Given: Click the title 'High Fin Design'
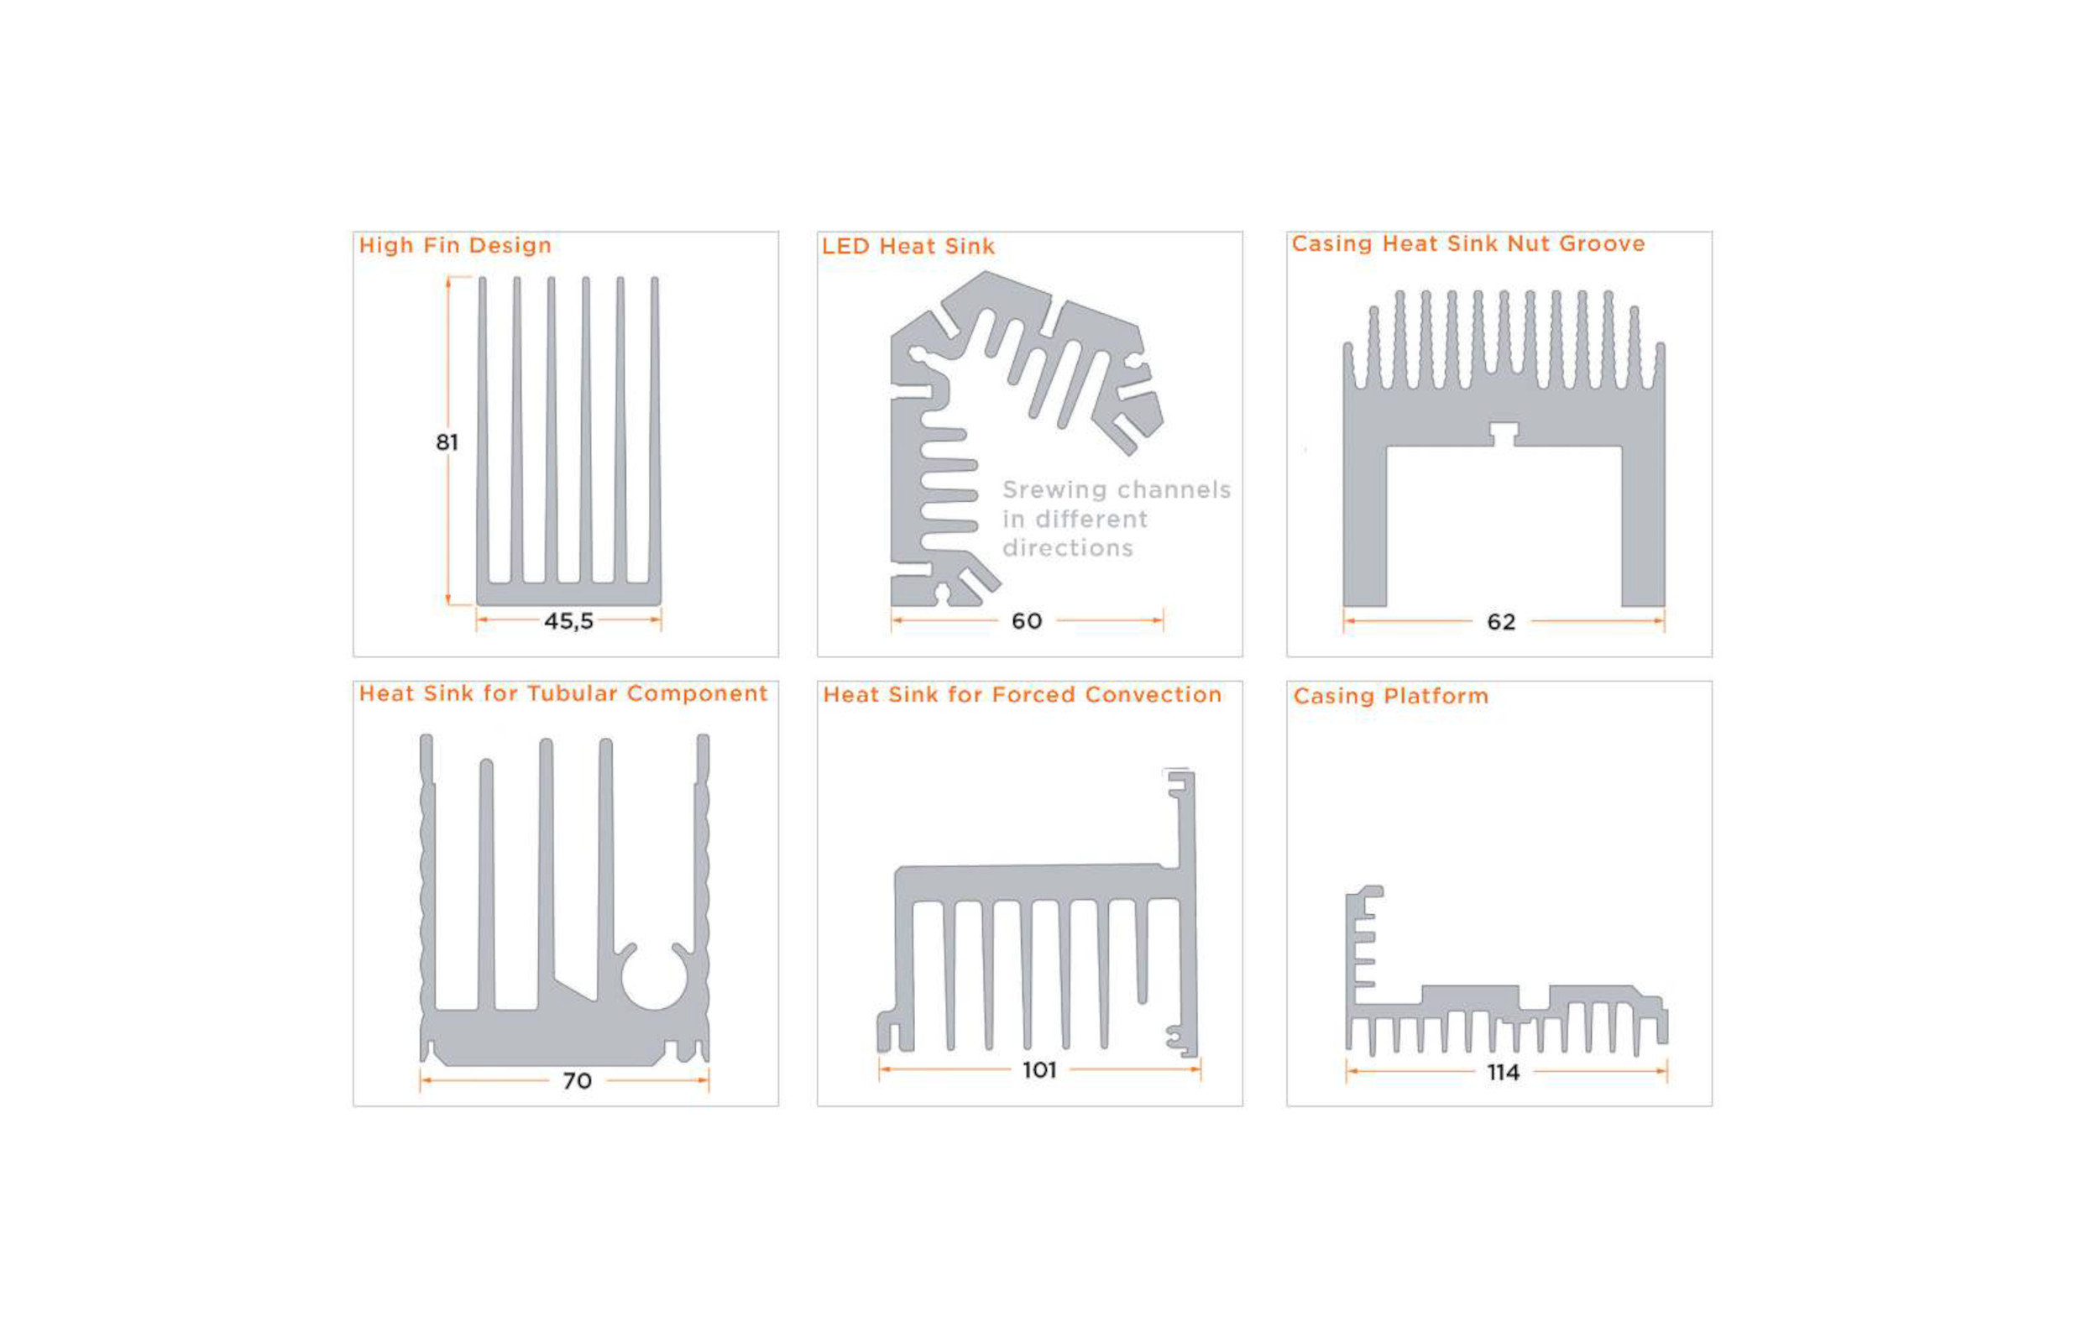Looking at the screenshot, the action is coord(454,246).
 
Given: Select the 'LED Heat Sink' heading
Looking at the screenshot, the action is coord(908,247).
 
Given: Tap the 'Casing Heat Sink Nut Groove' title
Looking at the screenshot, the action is coord(1468,244).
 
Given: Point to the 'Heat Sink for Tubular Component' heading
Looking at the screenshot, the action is coord(563,693).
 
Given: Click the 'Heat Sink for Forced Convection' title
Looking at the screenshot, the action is coord(1023,695).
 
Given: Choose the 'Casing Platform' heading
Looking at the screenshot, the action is coord(1390,696).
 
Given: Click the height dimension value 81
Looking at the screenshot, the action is coord(447,443).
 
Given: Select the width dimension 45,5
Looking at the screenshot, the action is coord(568,621).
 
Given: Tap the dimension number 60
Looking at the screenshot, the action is coord(1027,621).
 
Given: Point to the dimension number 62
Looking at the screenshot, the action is coord(1501,622).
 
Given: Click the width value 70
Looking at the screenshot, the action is coord(577,1081).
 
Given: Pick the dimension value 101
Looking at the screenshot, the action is coord(1038,1070).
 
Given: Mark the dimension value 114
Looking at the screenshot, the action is coord(1504,1073).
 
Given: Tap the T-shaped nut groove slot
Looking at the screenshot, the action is coord(1503,434).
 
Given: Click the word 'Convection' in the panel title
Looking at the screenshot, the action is coord(1153,695).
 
